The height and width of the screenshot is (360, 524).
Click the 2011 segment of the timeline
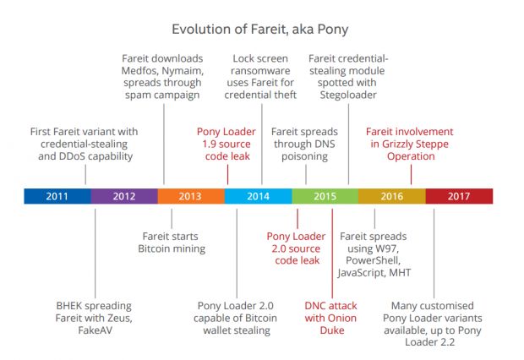57,196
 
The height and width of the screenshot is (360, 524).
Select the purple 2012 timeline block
124,196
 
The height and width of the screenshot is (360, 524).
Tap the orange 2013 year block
191,196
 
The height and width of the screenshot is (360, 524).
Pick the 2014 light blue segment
259,196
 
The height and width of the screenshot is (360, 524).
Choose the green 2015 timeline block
325,196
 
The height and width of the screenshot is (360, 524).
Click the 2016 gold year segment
392,196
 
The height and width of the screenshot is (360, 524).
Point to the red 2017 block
459,196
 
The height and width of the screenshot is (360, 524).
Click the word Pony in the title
333,30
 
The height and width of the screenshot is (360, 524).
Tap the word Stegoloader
348,95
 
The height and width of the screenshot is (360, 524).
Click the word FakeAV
95,330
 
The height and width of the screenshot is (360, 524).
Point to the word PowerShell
373,260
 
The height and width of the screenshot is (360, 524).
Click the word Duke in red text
332,330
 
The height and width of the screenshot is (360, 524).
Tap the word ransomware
260,71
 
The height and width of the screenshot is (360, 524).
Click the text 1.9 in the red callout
209,144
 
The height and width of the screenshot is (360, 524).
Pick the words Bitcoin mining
172,248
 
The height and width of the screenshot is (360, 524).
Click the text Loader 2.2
429,342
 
